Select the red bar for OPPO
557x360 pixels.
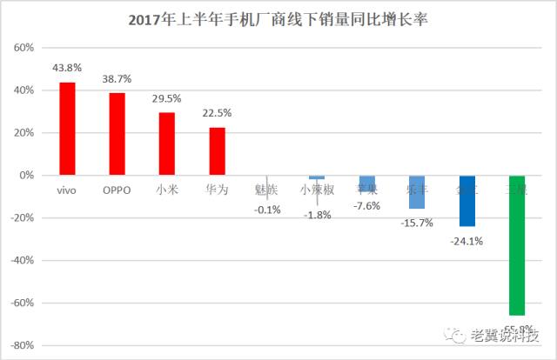[117, 134]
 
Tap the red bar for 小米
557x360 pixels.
[167, 143]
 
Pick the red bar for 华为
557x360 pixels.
[218, 151]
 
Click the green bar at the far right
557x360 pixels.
[518, 245]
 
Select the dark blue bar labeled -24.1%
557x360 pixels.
[467, 201]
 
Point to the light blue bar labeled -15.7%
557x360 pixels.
[417, 192]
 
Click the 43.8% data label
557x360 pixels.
[67, 68]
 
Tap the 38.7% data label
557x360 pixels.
[117, 78]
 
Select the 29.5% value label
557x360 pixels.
[167, 98]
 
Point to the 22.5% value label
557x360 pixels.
[218, 113]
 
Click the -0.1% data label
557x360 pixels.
[266, 209]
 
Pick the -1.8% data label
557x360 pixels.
[317, 215]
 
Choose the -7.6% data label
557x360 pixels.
[366, 205]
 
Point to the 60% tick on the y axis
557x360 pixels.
[21, 48]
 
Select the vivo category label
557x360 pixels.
[67, 188]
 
